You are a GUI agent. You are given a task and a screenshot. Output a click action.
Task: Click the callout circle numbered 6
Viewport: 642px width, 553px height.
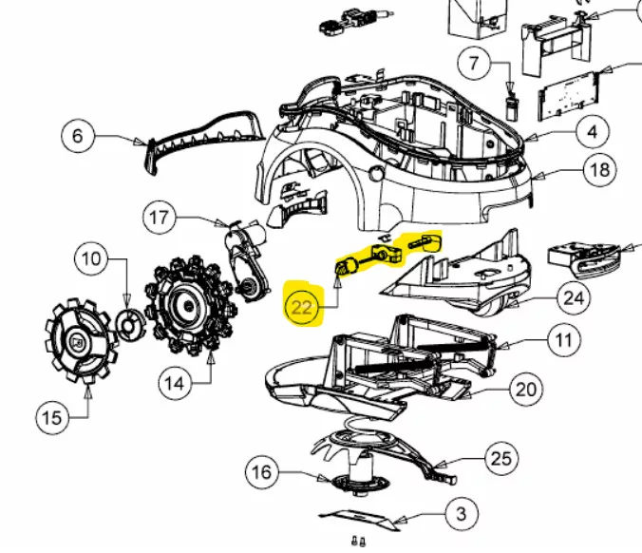tap(78, 136)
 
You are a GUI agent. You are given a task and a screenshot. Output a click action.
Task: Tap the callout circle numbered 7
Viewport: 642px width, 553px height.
tap(474, 63)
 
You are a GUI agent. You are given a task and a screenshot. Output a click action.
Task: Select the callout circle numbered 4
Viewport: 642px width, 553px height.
tap(592, 132)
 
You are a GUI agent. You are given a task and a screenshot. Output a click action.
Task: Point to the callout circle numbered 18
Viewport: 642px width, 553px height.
tap(600, 169)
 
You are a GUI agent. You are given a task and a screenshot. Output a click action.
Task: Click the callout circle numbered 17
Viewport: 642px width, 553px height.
tap(160, 218)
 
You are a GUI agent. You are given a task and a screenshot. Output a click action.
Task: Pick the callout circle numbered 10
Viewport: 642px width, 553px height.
tap(91, 258)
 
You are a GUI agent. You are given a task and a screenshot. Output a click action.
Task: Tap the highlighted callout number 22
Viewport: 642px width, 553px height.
tap(302, 306)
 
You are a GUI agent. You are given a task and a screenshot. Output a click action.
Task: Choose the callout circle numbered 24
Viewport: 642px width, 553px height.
tap(574, 298)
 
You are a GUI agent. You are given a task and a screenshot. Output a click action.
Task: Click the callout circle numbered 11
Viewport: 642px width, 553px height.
tap(564, 340)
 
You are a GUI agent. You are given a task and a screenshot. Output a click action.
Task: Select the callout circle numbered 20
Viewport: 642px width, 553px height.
tap(526, 390)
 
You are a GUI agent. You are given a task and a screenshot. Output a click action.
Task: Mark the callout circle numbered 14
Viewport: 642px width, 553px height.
tap(175, 384)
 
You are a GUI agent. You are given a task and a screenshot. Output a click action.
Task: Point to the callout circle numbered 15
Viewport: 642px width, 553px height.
tap(52, 418)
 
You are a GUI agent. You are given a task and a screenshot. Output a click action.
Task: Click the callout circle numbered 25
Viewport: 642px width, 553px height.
tap(501, 458)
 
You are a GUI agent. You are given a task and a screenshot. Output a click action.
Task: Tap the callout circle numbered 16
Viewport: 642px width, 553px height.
tap(262, 472)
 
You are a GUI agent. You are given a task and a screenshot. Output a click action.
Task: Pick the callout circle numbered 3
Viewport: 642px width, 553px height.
tap(462, 514)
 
